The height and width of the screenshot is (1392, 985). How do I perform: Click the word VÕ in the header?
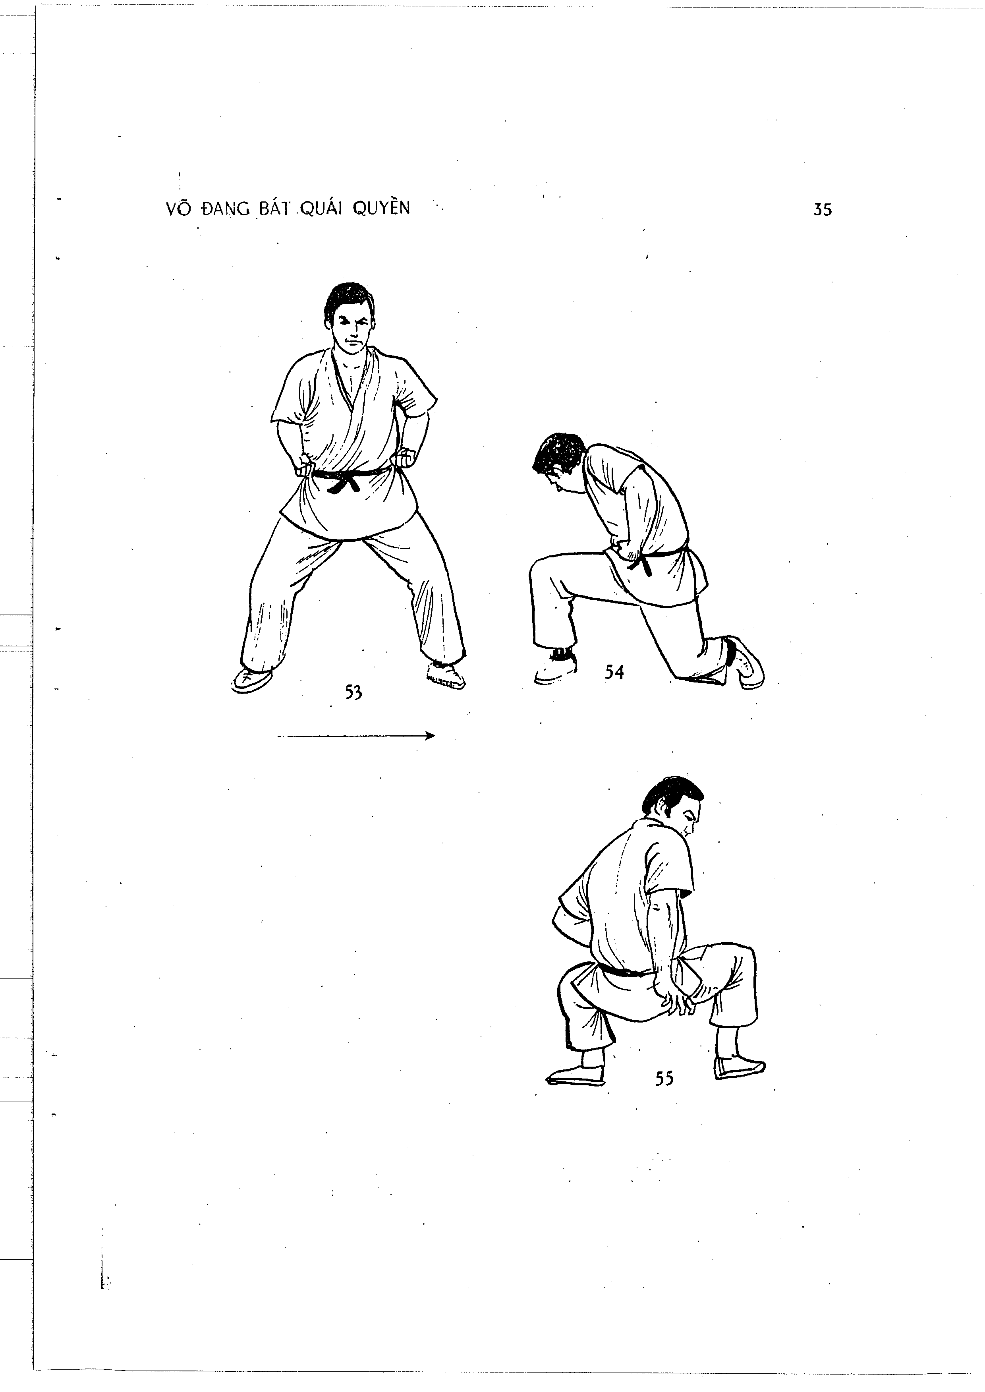point(176,208)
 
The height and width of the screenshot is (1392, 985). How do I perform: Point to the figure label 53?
point(353,692)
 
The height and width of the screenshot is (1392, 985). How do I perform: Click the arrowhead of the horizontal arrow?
point(430,737)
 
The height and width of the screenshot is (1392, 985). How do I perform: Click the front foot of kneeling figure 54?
point(555,670)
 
